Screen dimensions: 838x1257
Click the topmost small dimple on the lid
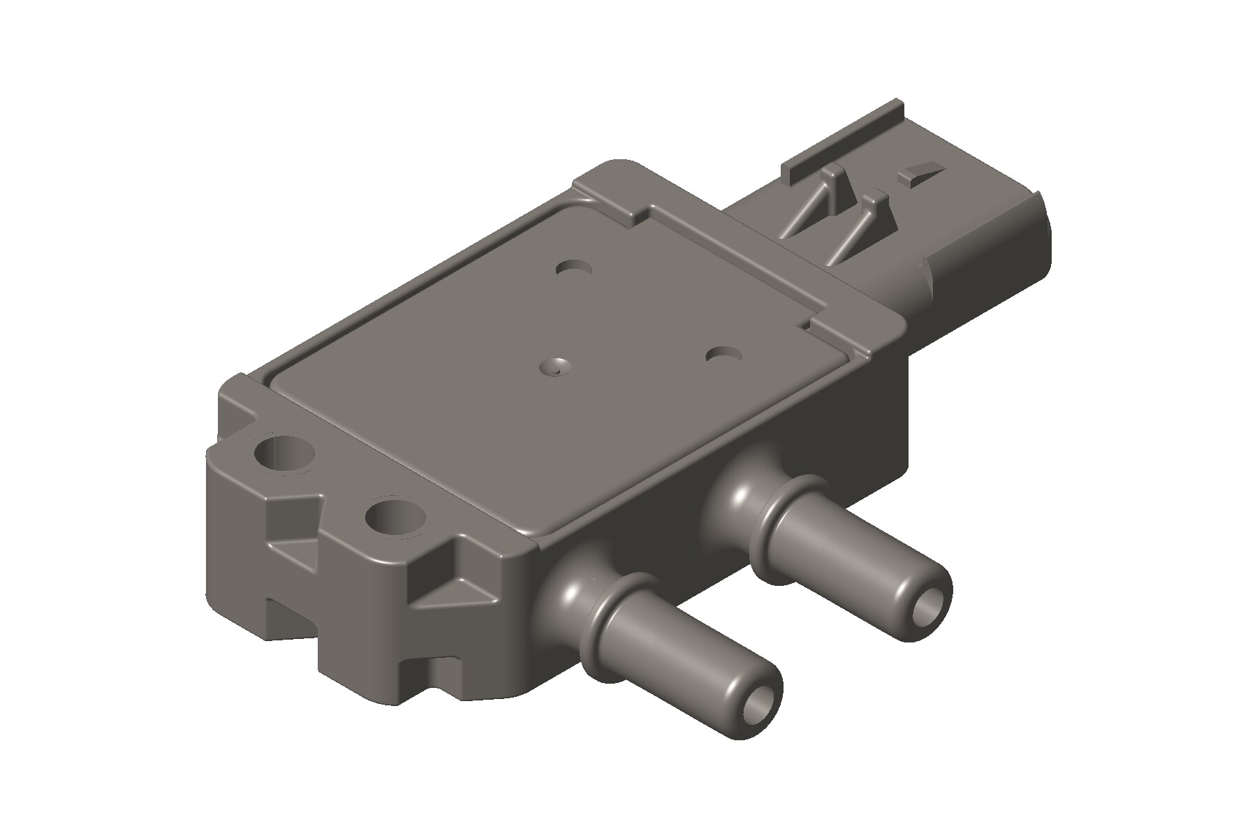click(x=575, y=268)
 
